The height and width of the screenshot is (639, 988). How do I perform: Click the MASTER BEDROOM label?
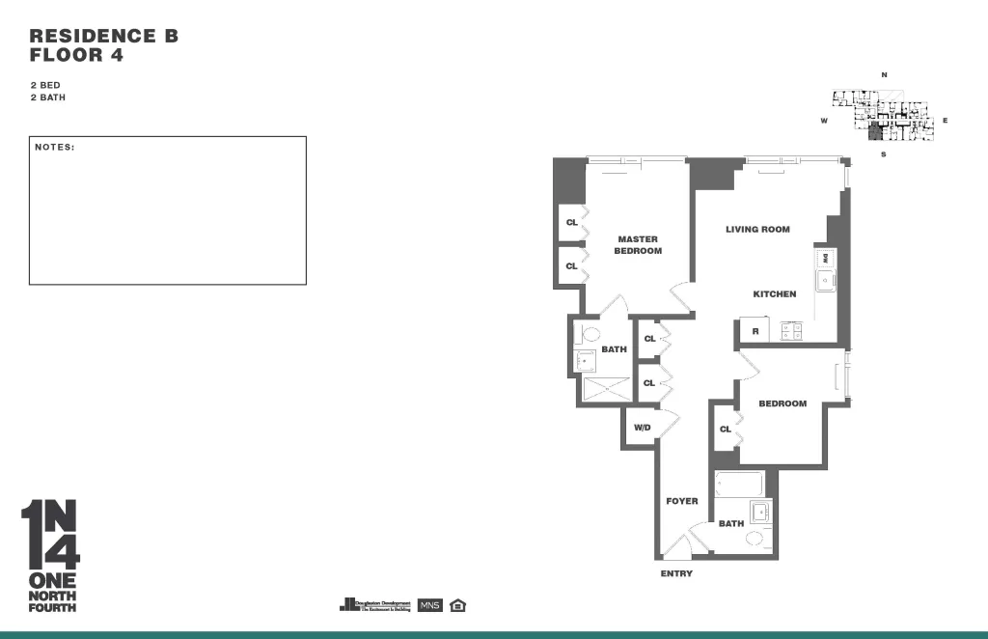(638, 245)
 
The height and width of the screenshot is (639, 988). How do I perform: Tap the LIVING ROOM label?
(757, 230)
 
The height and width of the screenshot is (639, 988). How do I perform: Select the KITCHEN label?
(775, 294)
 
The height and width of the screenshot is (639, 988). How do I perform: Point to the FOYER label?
(682, 502)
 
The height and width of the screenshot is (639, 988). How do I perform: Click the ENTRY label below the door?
(676, 574)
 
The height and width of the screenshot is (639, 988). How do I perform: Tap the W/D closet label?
(642, 428)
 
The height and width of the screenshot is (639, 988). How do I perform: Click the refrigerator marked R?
(755, 332)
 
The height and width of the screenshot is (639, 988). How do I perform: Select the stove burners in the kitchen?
(791, 331)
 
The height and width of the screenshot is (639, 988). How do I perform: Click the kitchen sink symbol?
(826, 281)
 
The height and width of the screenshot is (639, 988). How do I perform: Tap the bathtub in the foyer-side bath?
(740, 483)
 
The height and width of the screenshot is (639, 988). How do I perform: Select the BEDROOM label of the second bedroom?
(782, 403)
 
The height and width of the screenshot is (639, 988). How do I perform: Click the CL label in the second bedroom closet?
(726, 430)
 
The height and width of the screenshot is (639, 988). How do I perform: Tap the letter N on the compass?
(884, 75)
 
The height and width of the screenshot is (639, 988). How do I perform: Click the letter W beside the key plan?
(824, 121)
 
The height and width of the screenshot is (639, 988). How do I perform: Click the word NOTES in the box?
(55, 148)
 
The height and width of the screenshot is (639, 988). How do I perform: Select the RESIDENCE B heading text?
(104, 37)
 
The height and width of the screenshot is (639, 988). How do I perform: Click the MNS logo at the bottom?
(430, 605)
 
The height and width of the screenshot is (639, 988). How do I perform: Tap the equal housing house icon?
(458, 605)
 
